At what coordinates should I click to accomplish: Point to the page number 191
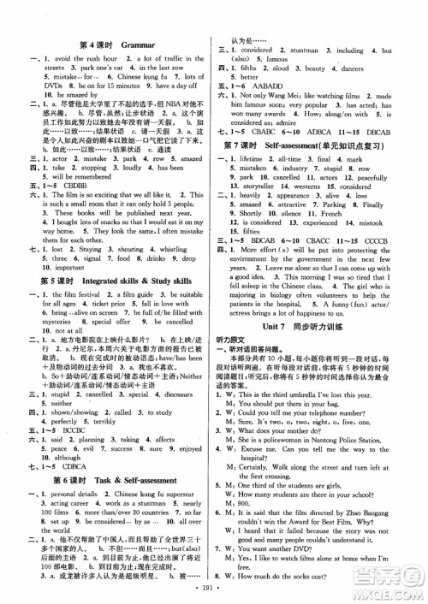click(x=214, y=590)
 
